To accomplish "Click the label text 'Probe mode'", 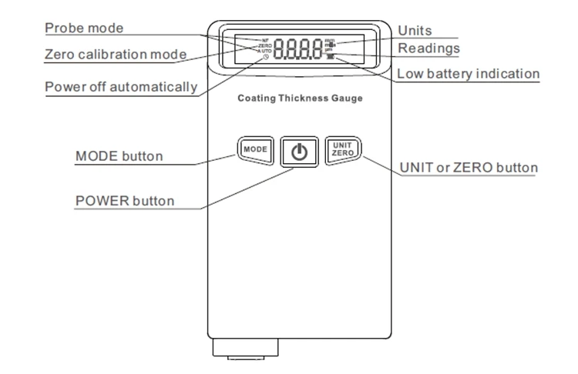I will click(84, 28).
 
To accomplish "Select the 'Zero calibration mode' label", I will click(115, 55).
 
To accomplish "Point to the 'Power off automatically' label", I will click(120, 86).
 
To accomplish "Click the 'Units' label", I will click(415, 30).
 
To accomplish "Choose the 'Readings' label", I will click(428, 48).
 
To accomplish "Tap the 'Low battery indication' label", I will click(468, 75).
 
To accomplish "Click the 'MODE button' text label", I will click(119, 156).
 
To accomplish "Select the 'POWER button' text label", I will click(124, 202).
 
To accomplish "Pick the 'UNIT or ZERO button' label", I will click(469, 168).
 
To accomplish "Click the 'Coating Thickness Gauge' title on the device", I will click(300, 99).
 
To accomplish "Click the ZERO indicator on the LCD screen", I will click(265, 45).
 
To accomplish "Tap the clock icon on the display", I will click(266, 58).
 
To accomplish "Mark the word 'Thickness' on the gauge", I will click(299, 99).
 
